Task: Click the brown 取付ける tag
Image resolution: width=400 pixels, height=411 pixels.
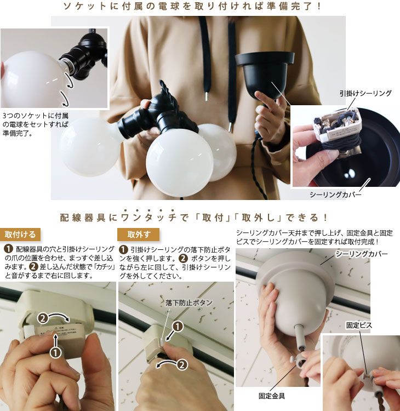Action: (x=20, y=235)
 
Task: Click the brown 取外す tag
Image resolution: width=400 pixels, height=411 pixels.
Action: (x=139, y=235)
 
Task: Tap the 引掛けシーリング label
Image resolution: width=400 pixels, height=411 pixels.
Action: (x=365, y=93)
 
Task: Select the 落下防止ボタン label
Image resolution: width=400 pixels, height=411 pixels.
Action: (x=189, y=302)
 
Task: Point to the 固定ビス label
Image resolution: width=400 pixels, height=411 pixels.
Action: (x=359, y=326)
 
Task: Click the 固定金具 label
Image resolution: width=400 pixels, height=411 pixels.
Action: (x=272, y=396)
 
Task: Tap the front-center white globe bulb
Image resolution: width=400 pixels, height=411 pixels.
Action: (x=180, y=163)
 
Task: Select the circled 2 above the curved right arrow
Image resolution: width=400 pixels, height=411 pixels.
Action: (x=43, y=318)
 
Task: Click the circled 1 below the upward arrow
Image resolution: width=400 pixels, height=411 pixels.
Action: (x=55, y=352)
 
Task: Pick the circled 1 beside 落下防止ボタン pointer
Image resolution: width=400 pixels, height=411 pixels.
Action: (x=178, y=327)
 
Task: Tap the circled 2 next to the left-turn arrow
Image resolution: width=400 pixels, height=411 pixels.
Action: (x=182, y=365)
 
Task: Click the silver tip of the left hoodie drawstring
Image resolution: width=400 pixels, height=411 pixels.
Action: (x=207, y=96)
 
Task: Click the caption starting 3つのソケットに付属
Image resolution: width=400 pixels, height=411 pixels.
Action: (x=36, y=124)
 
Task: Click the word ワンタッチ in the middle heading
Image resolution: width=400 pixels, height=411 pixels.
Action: (x=149, y=218)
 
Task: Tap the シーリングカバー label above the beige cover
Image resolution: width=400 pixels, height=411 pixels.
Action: (x=362, y=254)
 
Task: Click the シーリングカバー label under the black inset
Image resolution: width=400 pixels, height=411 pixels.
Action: (x=335, y=195)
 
